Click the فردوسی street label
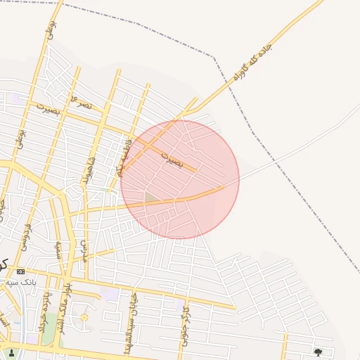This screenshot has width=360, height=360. [29, 236]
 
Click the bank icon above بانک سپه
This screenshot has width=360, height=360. [20, 271]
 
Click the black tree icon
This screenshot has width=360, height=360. [318, 352]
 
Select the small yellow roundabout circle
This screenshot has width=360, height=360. [84, 318]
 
